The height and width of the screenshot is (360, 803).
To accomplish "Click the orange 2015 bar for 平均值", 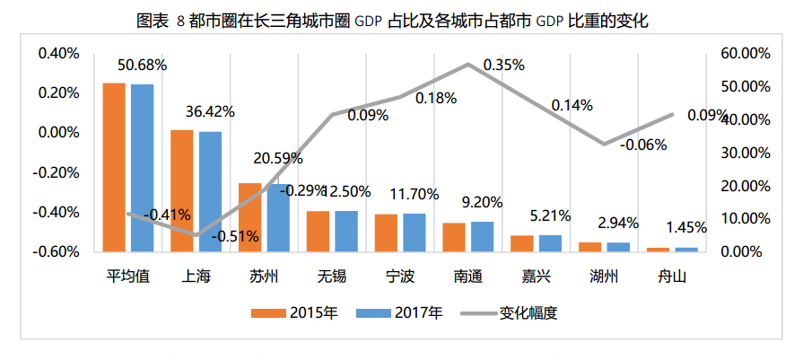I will [x=114, y=166].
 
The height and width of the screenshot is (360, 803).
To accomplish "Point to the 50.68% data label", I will [x=142, y=66].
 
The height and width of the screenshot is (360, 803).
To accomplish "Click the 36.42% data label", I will [x=210, y=112].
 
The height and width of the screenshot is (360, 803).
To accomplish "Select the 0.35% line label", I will [x=503, y=66].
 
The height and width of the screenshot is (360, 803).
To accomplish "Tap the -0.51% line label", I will [x=235, y=236].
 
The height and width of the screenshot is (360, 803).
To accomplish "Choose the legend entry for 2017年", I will [x=399, y=313].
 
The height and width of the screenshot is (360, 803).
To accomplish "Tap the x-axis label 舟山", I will [x=672, y=276].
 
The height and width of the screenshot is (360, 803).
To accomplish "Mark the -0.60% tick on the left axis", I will [x=57, y=251].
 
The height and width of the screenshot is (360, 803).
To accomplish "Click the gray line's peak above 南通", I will [x=467, y=64].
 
